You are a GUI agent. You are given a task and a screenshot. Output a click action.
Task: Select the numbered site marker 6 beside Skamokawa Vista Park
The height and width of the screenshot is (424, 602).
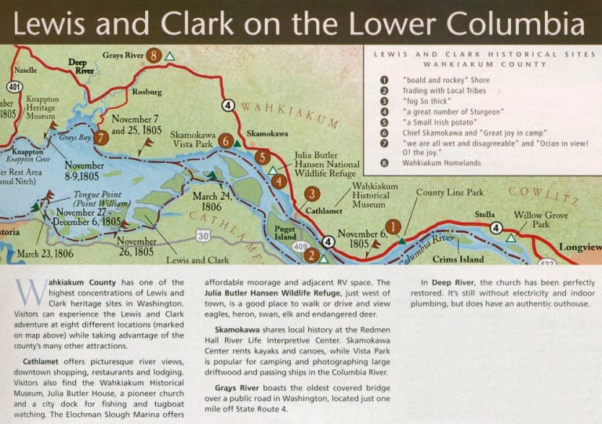tap(226, 141)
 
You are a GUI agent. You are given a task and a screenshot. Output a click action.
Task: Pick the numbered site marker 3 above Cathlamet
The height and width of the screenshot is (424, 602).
tap(312, 194)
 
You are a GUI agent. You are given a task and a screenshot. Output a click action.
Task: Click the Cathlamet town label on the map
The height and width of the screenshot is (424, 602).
tap(320, 211)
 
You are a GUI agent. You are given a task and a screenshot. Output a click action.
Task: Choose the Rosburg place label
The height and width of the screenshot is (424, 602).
tap(147, 92)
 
